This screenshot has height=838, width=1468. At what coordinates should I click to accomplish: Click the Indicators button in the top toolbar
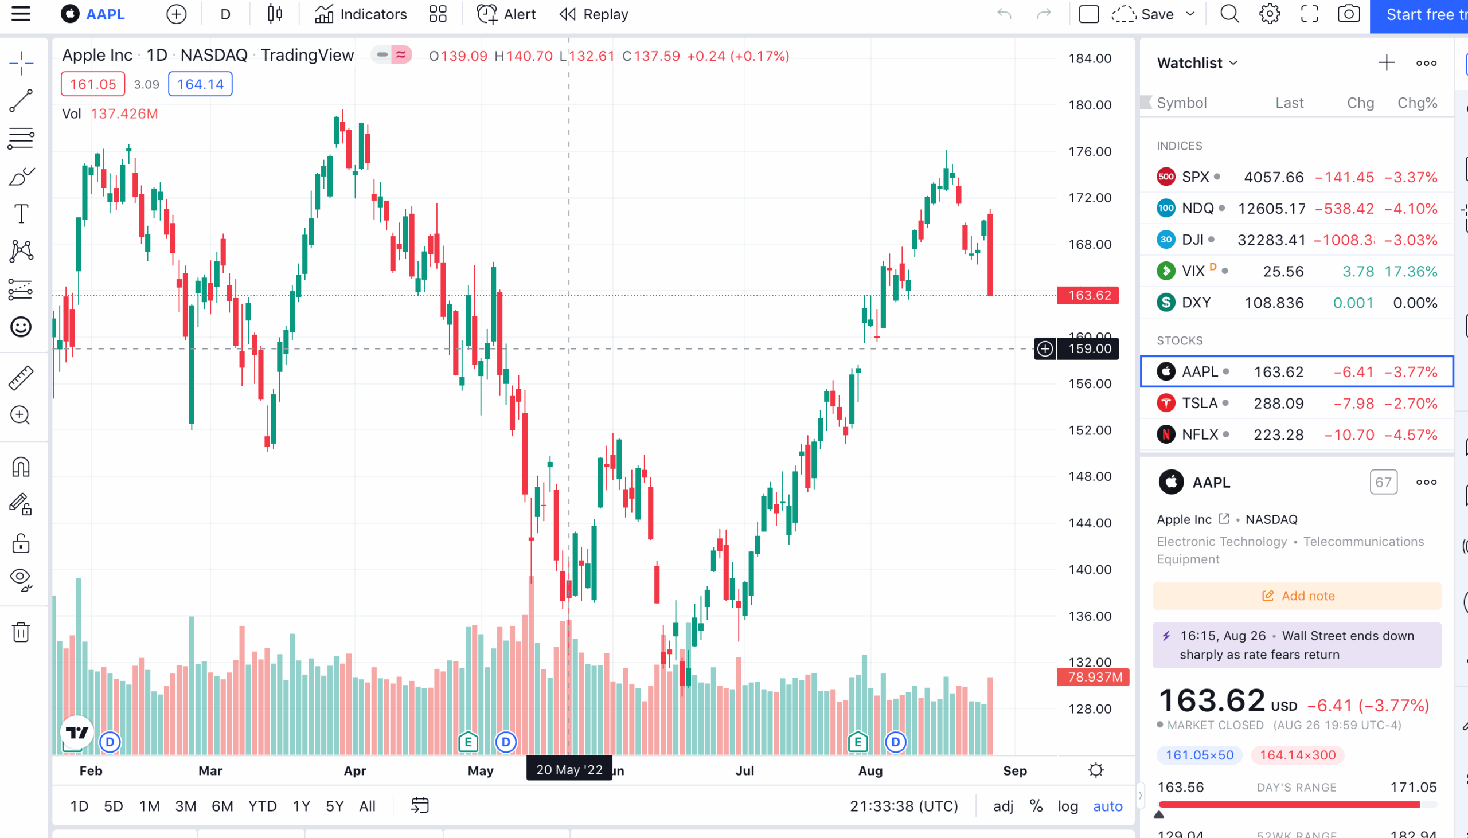[x=361, y=14]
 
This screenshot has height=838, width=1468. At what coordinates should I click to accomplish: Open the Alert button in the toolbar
[x=506, y=14]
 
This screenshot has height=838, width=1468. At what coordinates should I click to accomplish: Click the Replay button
[x=594, y=14]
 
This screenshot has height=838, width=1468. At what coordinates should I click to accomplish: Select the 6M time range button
[x=222, y=806]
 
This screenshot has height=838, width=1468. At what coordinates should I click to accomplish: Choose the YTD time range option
[x=263, y=806]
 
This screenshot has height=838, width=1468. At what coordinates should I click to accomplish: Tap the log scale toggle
[x=1067, y=806]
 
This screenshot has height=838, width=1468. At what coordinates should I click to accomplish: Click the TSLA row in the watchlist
[x=1295, y=403]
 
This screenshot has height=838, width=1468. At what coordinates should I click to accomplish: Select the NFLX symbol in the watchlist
[x=1200, y=434]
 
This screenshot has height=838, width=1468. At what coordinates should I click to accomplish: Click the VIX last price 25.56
[x=1283, y=271]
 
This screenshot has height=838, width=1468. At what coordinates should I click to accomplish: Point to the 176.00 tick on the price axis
[x=1089, y=151]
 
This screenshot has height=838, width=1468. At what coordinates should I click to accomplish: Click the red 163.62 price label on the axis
[x=1088, y=295]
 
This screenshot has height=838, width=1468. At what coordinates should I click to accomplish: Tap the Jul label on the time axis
[x=744, y=771]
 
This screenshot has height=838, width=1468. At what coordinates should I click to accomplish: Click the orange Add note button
[x=1297, y=596]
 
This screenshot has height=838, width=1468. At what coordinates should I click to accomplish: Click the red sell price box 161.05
[x=93, y=84]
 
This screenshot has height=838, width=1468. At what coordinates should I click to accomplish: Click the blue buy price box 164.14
[x=200, y=84]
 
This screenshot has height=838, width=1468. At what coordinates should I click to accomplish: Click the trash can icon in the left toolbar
[x=21, y=632]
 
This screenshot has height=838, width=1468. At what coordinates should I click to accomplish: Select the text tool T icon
[x=21, y=214]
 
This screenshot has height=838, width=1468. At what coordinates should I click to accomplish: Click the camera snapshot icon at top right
[x=1348, y=14]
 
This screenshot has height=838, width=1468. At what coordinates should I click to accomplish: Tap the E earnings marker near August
[x=857, y=742]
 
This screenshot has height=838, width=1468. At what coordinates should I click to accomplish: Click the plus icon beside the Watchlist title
[x=1386, y=62]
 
